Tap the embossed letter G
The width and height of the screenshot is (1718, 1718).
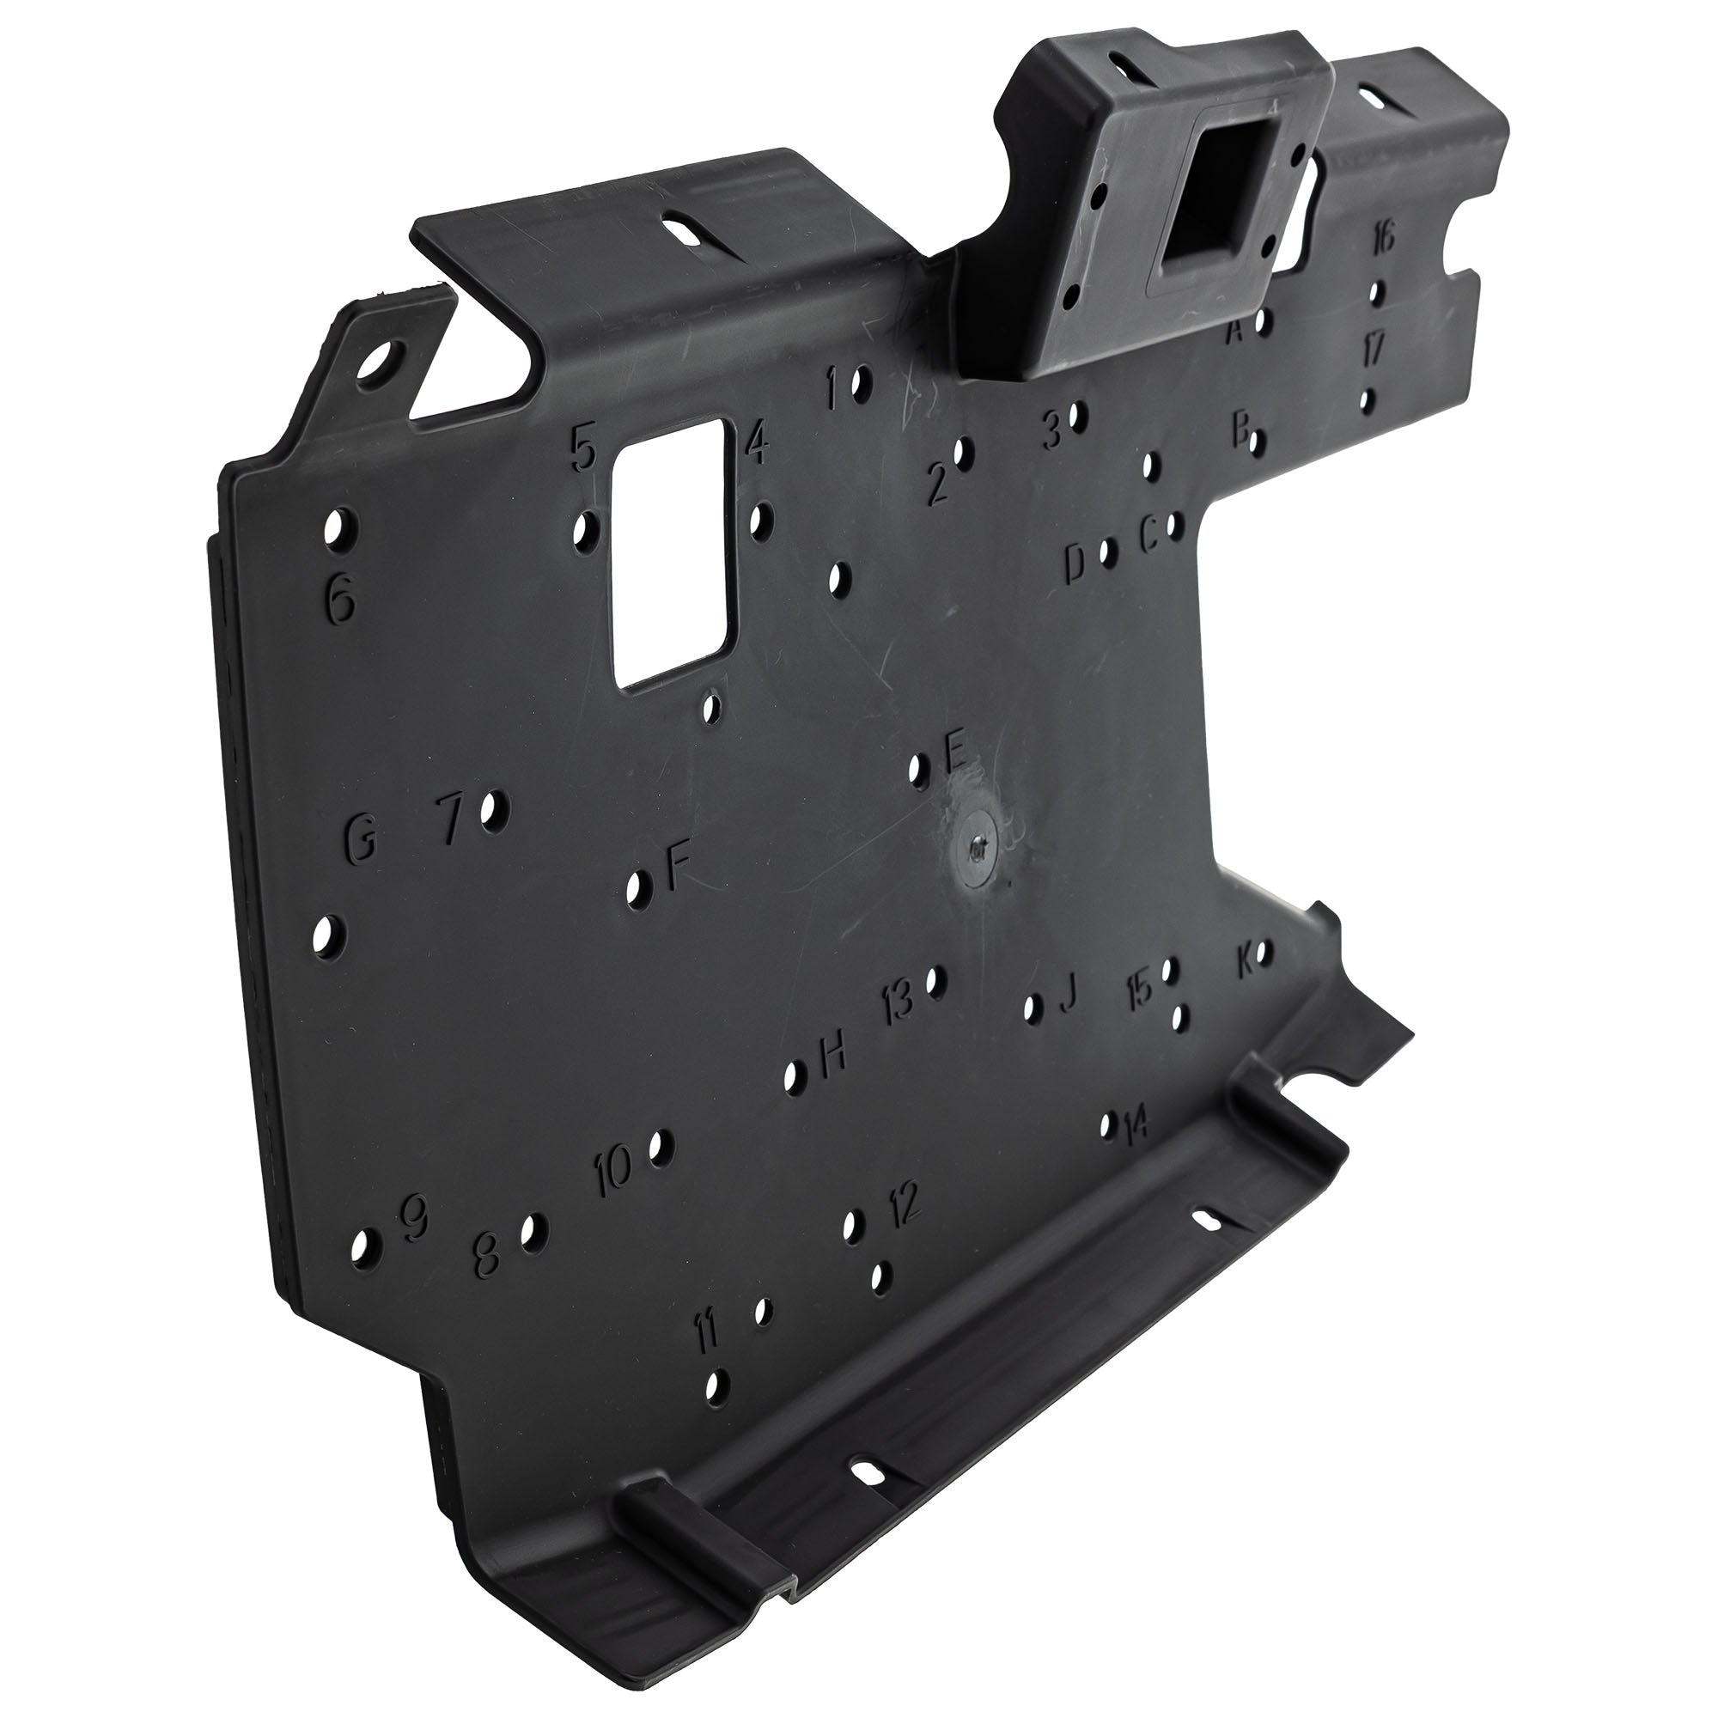point(360,839)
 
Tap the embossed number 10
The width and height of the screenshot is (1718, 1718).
point(613,1169)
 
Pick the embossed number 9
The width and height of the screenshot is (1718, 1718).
point(413,1217)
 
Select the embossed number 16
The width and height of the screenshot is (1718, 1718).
point(1383,238)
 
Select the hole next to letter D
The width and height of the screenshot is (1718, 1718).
point(1108,552)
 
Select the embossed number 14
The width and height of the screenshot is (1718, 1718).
point(1136,1128)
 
